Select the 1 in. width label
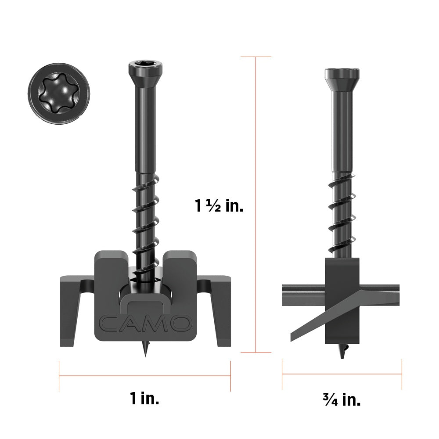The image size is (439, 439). [x=144, y=399]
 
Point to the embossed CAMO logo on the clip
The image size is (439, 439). [x=144, y=323]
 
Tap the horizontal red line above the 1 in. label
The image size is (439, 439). [x=144, y=375]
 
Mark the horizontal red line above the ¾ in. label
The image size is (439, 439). [x=342, y=374]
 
